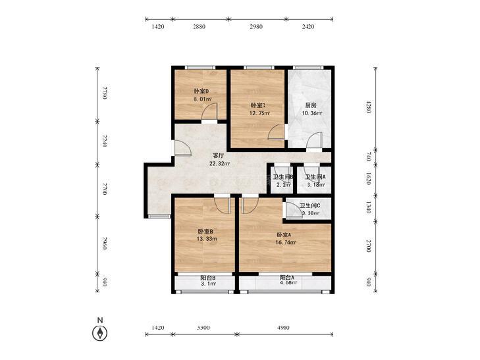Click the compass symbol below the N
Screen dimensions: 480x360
(99, 333)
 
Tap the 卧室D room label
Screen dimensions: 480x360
(201, 91)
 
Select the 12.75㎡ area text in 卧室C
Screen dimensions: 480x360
(259, 113)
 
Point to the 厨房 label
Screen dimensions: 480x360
(311, 105)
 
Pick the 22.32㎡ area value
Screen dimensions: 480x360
(219, 164)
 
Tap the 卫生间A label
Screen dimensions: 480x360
(315, 177)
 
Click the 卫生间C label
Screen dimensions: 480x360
(310, 206)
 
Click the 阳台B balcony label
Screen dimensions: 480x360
(208, 278)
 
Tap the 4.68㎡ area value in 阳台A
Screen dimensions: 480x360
(288, 283)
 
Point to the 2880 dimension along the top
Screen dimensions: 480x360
(199, 26)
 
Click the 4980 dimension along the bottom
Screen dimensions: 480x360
(283, 328)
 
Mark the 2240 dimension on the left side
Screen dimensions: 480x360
(105, 141)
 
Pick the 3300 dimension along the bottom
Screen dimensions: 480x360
(203, 328)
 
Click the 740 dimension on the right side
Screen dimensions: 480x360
(369, 157)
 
